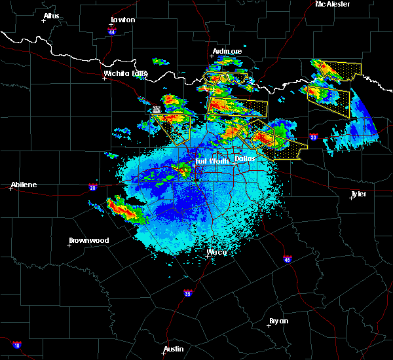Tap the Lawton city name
coord(122,20)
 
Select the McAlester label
coord(332,4)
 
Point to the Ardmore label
coord(227,51)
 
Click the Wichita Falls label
coord(125,73)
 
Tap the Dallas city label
coord(245,158)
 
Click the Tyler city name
coord(358,194)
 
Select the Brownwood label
coord(88,240)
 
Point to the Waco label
coord(216,252)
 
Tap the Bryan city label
coord(279,321)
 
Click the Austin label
coord(174,349)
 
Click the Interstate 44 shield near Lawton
coord(112,31)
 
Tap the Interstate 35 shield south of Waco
coord(187,292)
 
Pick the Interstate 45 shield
coord(288,259)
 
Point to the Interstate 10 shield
coord(16,344)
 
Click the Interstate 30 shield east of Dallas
coord(313,137)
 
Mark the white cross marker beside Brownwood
coord(69,245)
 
